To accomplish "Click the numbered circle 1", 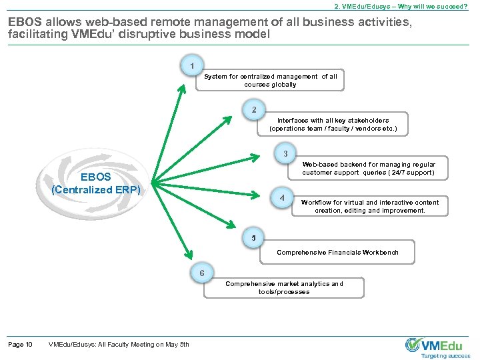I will pyautogui.click(x=192, y=67).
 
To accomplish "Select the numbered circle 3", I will pyautogui.click(x=285, y=154).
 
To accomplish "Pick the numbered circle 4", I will pyautogui.click(x=282, y=199).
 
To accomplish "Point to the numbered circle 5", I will pyautogui.click(x=253, y=238).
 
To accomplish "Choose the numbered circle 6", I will pyautogui.click(x=202, y=273).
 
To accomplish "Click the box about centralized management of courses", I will pyautogui.click(x=271, y=81).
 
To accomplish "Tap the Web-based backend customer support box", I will pyautogui.click(x=368, y=169).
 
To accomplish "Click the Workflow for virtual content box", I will pyautogui.click(x=370, y=206).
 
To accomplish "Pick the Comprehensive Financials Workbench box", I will pyautogui.click(x=337, y=253).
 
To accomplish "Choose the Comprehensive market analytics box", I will pyautogui.click(x=285, y=287).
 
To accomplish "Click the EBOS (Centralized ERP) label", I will pyautogui.click(x=96, y=183).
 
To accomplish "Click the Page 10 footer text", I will pyautogui.click(x=20, y=344).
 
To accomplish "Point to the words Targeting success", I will pyautogui.click(x=445, y=356).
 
